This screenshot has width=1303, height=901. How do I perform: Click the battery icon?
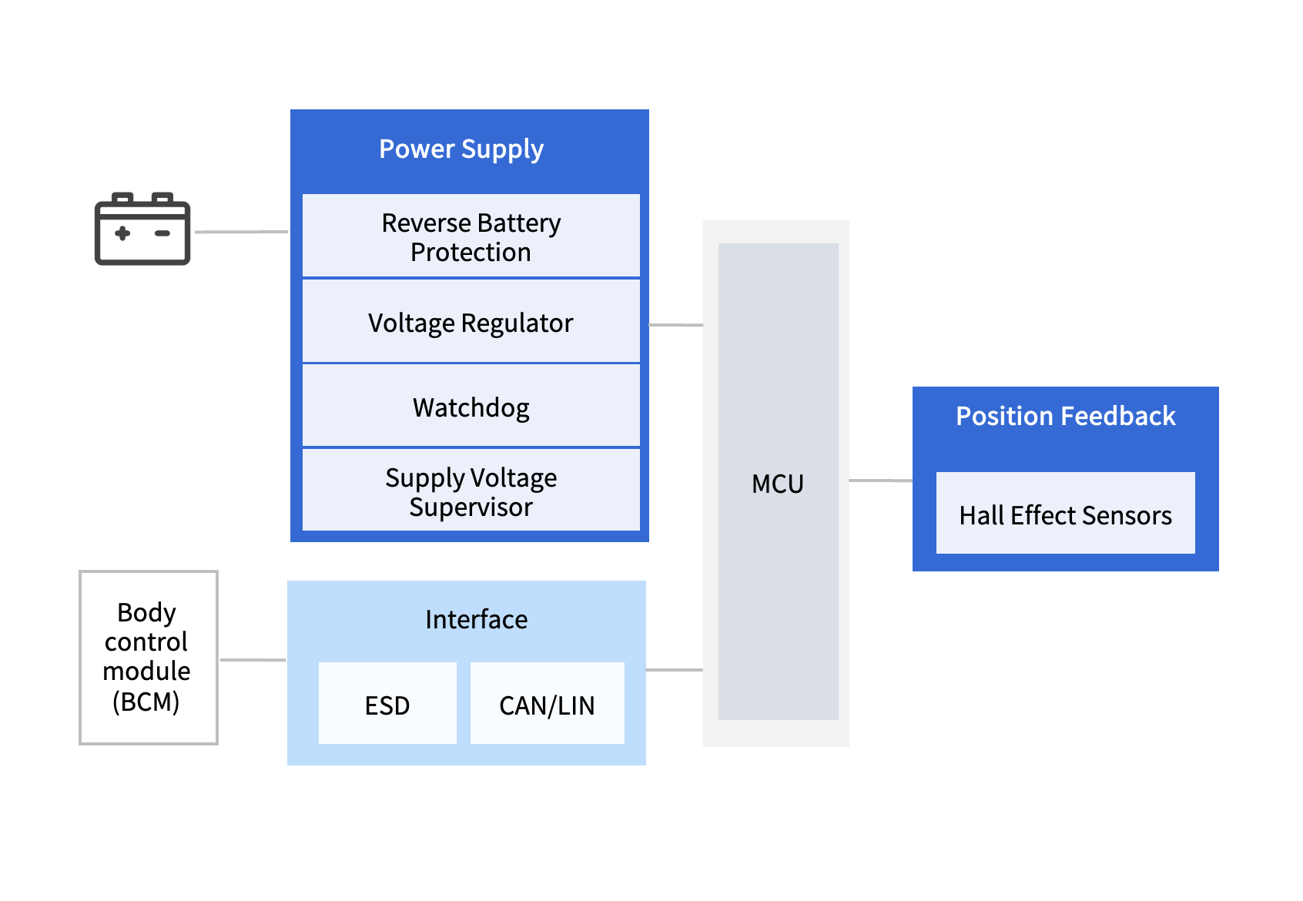click(142, 229)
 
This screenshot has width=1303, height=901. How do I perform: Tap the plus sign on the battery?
click(122, 233)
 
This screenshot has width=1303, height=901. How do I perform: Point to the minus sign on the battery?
click(162, 233)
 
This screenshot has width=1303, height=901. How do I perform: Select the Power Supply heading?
click(461, 149)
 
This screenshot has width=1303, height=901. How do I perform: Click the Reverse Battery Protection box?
click(471, 236)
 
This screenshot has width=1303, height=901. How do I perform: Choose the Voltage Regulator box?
click(471, 323)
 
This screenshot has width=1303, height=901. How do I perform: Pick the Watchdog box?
click(471, 407)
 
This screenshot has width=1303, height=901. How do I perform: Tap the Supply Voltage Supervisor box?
click(471, 491)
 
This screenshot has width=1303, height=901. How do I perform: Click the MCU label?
click(778, 484)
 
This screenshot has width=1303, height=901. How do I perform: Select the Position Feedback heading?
click(1065, 417)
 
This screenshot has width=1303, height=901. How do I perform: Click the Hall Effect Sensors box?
click(1065, 514)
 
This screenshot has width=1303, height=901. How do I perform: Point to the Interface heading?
click(476, 619)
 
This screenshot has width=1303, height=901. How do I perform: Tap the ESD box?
click(387, 705)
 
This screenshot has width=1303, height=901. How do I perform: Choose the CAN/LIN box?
click(547, 705)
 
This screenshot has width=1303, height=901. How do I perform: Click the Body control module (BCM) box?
click(148, 657)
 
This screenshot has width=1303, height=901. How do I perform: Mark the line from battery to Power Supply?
click(241, 232)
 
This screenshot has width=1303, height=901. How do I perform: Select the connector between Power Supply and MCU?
click(676, 325)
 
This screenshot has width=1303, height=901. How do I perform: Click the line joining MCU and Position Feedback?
click(880, 481)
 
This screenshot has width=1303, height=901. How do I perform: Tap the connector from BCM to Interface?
click(253, 660)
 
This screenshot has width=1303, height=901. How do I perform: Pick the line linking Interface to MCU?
click(674, 670)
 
